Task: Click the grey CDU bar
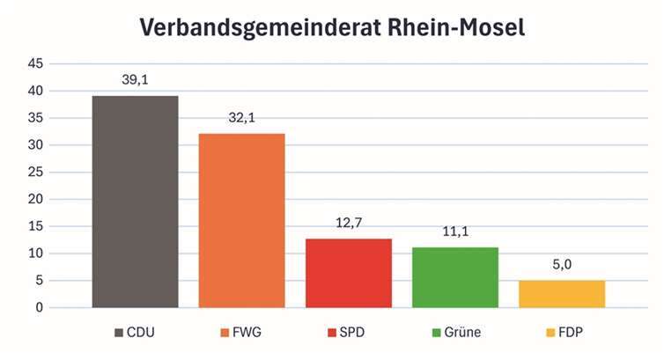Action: [135, 202]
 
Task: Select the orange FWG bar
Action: [241, 220]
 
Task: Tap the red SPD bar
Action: [348, 273]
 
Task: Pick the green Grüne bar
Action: [454, 277]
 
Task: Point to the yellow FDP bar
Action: [561, 294]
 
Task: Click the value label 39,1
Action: [135, 79]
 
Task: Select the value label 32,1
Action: [241, 117]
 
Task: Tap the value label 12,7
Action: [348, 223]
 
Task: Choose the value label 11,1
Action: [454, 231]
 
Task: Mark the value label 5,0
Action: [561, 264]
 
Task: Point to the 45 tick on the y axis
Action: [35, 63]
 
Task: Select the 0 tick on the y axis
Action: [39, 307]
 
